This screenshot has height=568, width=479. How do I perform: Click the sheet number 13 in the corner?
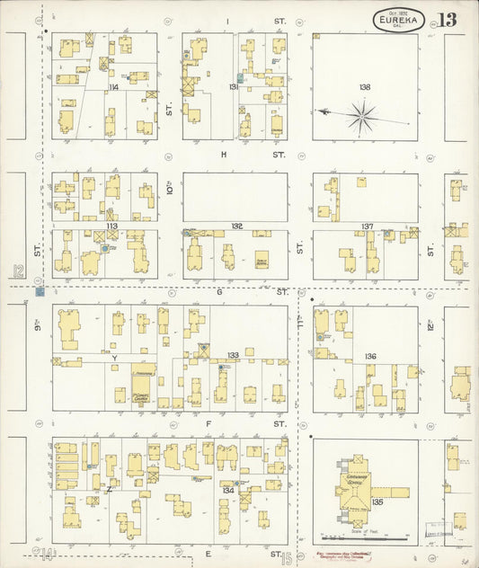point(447,19)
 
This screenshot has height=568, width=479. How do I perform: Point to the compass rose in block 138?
point(361,113)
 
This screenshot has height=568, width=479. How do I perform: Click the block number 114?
point(113,87)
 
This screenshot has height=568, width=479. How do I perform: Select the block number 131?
point(233,87)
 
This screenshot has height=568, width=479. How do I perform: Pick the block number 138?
point(364,87)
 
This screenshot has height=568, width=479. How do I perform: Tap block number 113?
point(111,226)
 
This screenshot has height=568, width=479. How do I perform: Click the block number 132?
point(236,226)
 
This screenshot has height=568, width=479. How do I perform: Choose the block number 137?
point(367,226)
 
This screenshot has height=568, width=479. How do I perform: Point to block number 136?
point(369,357)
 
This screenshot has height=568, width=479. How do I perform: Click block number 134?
point(228,490)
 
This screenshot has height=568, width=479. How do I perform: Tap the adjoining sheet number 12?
point(17,271)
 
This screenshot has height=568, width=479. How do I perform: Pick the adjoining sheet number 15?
point(286,558)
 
